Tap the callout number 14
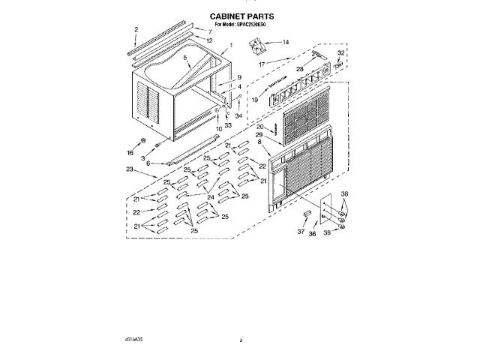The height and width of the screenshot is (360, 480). (284, 43)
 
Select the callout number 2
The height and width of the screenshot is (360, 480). (136, 30)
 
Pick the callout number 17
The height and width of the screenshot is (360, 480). (262, 64)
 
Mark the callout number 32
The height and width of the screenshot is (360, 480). (340, 53)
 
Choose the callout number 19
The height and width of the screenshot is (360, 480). (255, 99)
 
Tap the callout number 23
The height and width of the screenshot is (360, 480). (130, 170)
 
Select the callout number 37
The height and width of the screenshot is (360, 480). (301, 232)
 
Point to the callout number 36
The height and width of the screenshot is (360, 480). (313, 234)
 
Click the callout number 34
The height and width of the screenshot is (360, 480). (239, 116)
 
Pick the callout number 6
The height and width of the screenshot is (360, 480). (148, 163)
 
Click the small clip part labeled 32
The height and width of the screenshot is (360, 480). (340, 64)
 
